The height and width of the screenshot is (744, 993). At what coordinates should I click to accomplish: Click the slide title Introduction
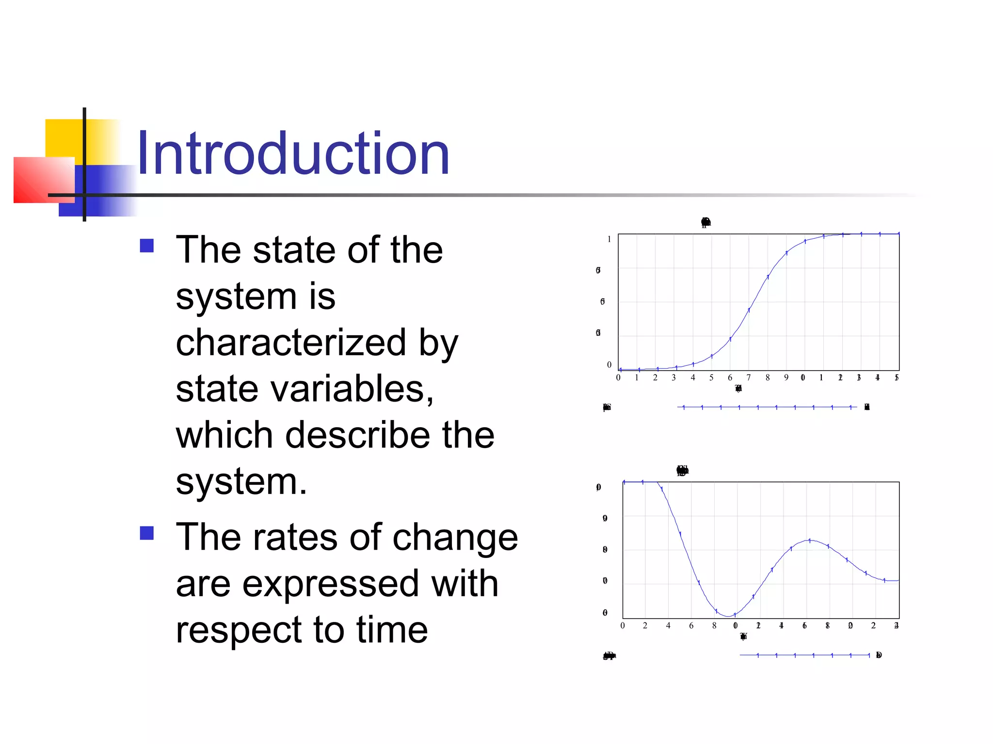tap(293, 154)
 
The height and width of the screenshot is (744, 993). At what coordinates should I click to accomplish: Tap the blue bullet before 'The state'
tap(146, 246)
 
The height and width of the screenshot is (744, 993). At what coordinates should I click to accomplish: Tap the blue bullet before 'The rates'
tap(146, 533)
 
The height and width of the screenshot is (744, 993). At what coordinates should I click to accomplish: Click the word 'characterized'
tap(290, 342)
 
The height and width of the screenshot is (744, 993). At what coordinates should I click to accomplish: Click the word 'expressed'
tap(330, 584)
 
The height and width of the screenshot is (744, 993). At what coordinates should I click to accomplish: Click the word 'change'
tap(455, 538)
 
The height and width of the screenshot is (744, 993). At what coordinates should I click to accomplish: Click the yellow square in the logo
tap(65, 138)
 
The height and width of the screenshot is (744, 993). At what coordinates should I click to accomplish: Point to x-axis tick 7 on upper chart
tap(749, 378)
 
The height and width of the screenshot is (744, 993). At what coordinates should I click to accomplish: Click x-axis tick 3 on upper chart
tap(673, 378)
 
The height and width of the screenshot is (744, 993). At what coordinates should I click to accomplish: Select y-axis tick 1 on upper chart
tap(609, 239)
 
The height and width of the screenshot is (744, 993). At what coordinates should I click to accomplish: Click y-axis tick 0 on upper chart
tap(609, 365)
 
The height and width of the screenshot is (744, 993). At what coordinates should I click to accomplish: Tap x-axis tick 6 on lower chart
tap(691, 626)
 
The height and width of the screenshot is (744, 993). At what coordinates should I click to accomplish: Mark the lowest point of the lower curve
tap(728, 616)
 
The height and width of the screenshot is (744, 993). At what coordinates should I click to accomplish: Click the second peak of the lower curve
tap(809, 540)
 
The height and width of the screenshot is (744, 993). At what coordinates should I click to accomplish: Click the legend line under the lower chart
tap(804, 655)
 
